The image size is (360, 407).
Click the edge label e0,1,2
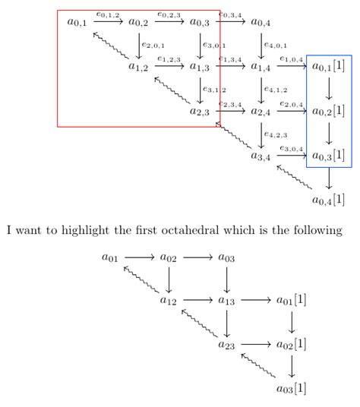coord(108,14)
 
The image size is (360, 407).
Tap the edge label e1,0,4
coord(292,58)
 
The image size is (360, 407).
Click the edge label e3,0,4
coord(292,147)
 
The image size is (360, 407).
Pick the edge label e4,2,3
coord(276,134)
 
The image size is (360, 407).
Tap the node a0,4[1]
coord(328,201)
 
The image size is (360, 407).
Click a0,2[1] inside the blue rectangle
coord(328,112)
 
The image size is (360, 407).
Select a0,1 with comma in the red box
coord(77,23)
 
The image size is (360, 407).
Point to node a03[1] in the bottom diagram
coord(292,389)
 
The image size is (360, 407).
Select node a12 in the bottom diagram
coord(169,301)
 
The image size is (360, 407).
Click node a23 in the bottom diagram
coord(226,345)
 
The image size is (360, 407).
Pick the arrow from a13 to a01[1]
coord(255,301)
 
